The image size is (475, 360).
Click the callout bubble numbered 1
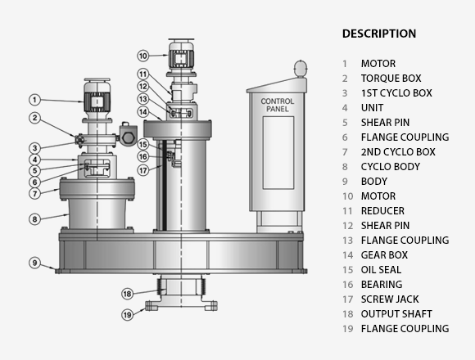(x=35, y=100)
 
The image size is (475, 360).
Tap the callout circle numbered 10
(x=143, y=56)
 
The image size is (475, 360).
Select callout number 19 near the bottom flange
(x=127, y=315)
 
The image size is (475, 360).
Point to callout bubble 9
(x=35, y=263)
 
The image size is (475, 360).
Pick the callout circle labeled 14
(x=143, y=112)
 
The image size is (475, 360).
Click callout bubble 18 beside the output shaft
(x=127, y=294)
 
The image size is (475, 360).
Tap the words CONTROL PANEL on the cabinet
(x=278, y=105)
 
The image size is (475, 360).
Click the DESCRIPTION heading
(x=379, y=34)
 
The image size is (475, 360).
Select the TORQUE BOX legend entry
(x=391, y=79)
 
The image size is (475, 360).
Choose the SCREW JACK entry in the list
(x=390, y=299)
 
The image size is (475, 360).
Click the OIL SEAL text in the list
(x=381, y=269)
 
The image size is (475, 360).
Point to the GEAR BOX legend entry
(x=384, y=255)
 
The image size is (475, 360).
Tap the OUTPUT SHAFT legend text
(x=396, y=314)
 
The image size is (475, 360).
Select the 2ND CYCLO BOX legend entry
(x=398, y=152)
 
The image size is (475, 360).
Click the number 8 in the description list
(x=345, y=167)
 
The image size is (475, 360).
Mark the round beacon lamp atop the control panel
(x=301, y=68)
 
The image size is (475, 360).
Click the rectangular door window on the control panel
(x=278, y=153)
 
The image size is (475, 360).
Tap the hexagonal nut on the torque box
(x=128, y=137)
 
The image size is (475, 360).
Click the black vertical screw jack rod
(x=165, y=185)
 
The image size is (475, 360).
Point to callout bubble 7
(x=35, y=193)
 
